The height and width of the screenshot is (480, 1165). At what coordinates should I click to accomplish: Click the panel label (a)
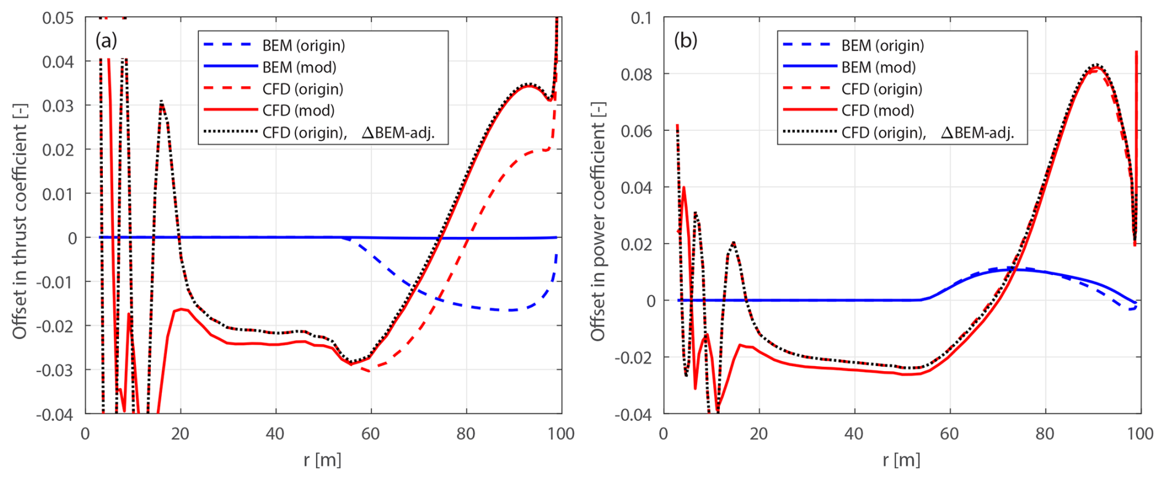tap(106, 41)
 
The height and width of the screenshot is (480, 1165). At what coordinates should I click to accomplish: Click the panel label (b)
tap(685, 41)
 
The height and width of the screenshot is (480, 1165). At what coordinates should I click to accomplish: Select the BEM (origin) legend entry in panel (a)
tap(303, 46)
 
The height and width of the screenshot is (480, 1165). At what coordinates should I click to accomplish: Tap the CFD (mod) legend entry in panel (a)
tap(298, 111)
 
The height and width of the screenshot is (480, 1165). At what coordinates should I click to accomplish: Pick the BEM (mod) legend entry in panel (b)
tap(878, 67)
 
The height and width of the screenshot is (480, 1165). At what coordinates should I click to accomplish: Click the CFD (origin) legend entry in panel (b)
tap(882, 89)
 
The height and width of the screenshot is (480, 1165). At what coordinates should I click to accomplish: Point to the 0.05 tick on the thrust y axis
tap(58, 18)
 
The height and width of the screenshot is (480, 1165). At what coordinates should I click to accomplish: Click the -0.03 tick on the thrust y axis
tap(55, 370)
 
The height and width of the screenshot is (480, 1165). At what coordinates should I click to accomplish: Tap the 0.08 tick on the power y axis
tap(637, 74)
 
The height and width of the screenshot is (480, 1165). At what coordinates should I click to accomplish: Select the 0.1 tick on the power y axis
tap(641, 18)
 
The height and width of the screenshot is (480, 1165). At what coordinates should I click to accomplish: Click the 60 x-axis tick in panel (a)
tap(371, 434)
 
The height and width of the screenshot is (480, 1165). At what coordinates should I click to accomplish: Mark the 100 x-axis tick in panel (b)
tap(1140, 434)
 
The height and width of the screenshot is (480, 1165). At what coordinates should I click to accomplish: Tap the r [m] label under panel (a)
tap(322, 460)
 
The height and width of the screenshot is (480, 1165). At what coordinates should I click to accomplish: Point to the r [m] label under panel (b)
tap(901, 460)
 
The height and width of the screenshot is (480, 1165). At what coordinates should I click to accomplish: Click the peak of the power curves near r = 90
tap(1095, 65)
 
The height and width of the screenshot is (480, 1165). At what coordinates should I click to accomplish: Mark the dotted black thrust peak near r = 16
tap(161, 102)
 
